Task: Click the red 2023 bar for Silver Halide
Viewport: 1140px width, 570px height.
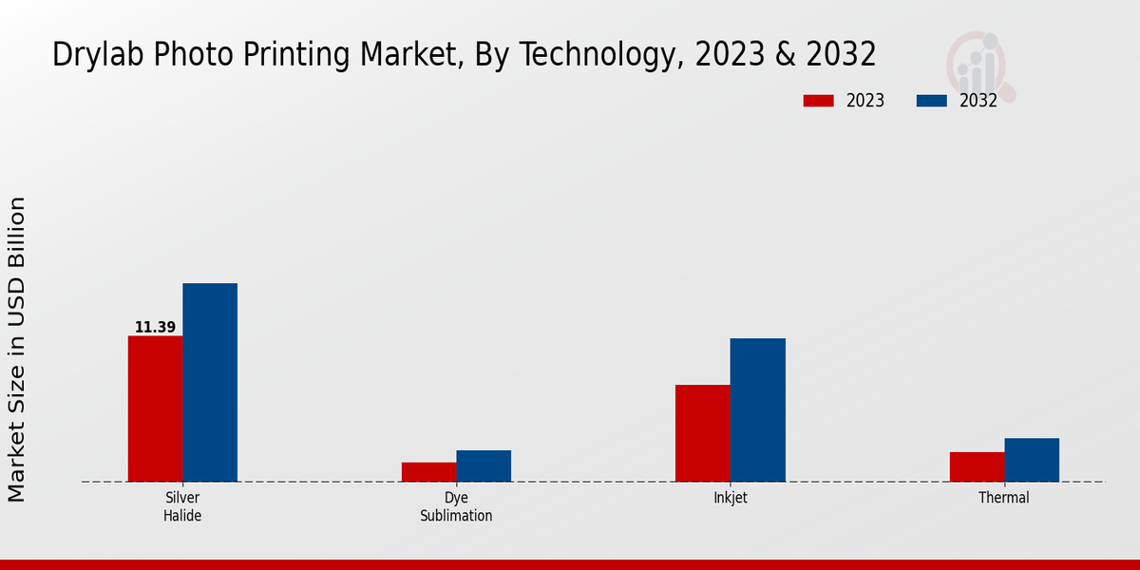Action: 155,408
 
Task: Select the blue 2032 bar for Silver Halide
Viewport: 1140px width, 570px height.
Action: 210,382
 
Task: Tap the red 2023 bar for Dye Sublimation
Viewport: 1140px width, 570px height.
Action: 428,472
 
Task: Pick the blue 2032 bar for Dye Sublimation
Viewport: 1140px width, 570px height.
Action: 484,465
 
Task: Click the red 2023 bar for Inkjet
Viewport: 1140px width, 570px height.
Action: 702,433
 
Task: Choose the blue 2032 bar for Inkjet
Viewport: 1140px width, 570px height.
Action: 757,409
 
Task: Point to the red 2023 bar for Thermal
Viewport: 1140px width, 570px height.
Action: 977,466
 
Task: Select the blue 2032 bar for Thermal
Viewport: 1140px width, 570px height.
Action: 1032,460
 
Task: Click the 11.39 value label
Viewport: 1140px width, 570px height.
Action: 155,328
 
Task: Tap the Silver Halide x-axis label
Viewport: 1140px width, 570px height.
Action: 182,506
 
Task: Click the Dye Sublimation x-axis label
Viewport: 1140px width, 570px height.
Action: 456,506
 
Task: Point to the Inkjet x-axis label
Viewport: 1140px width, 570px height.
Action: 730,498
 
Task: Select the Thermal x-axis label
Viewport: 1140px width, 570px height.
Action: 1004,498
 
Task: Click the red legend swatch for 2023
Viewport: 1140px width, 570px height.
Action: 818,101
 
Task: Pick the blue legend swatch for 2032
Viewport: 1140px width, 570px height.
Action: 932,101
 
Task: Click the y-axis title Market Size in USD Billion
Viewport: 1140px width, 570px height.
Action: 17,350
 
